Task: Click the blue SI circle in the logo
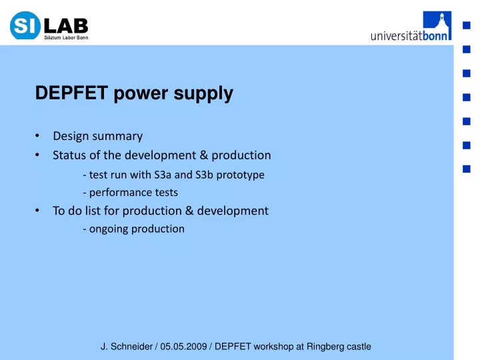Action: (x=25, y=25)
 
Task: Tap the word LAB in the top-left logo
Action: (x=66, y=26)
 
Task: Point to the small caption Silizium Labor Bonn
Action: (x=66, y=37)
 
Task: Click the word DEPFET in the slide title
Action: (x=71, y=93)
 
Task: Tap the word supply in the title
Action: (x=203, y=94)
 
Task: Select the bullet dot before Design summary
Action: (x=37, y=135)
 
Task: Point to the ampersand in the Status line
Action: (x=203, y=155)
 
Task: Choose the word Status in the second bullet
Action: (x=69, y=155)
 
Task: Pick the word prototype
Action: (x=240, y=175)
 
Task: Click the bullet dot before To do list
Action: (x=37, y=210)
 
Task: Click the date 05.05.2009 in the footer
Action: (x=184, y=347)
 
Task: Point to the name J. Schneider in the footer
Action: (x=127, y=347)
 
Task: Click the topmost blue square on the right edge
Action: (x=467, y=25)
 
